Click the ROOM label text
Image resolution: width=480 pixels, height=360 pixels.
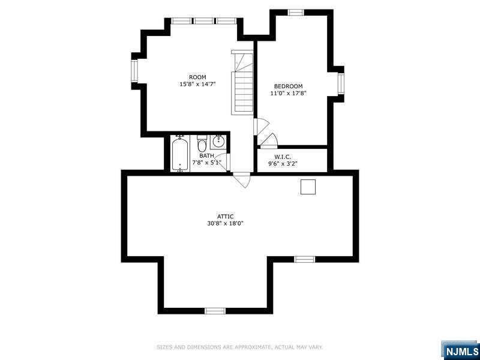(197, 77)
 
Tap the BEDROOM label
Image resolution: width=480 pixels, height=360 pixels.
(288, 86)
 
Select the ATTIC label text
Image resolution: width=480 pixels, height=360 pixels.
(226, 217)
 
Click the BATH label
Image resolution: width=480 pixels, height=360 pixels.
(206, 156)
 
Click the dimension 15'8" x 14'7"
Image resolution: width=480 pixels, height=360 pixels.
(197, 84)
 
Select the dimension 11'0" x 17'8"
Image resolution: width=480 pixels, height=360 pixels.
(288, 93)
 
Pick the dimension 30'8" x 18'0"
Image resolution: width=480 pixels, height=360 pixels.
(226, 223)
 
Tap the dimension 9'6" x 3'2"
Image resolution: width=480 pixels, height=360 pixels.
(283, 164)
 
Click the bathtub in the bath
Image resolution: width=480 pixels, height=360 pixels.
(180, 154)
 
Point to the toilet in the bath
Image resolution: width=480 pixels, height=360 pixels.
(202, 144)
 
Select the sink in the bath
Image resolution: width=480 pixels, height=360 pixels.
(218, 142)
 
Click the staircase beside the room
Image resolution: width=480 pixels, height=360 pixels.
(242, 83)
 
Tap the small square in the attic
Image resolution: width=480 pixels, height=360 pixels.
(308, 187)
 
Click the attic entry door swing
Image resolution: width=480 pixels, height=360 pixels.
(242, 180)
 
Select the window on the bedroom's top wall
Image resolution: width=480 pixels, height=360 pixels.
(296, 13)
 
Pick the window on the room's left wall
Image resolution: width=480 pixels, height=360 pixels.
(134, 71)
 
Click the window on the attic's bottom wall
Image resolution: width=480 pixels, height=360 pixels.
(215, 311)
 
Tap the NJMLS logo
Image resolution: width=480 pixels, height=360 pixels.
(460, 350)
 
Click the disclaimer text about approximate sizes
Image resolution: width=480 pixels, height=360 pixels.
(239, 347)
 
